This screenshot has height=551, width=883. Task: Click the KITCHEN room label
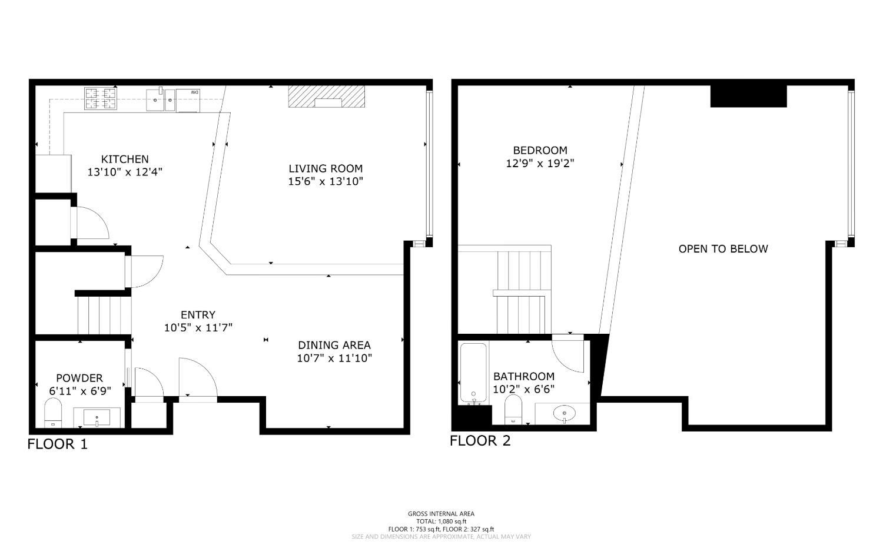[125, 159]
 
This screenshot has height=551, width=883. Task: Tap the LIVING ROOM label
[326, 169]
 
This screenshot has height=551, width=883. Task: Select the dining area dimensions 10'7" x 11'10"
[335, 359]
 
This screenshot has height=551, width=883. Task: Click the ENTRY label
[198, 315]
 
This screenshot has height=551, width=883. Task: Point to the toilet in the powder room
[53, 413]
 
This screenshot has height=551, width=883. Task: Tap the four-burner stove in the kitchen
[101, 98]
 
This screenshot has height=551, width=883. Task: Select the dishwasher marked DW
[188, 101]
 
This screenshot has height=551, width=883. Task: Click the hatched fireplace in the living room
[326, 97]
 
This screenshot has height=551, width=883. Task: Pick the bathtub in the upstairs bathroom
[473, 373]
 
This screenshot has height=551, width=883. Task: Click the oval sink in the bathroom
[564, 413]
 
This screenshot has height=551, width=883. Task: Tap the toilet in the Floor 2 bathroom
[513, 410]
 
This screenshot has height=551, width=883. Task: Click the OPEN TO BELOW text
[723, 249]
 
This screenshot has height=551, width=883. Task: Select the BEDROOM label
[540, 150]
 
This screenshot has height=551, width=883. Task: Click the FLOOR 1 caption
[58, 444]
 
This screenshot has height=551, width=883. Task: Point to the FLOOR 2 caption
[480, 441]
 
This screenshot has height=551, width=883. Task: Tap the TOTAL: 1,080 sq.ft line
[441, 522]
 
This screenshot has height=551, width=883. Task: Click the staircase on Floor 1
[104, 316]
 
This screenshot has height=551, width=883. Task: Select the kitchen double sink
[161, 100]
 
